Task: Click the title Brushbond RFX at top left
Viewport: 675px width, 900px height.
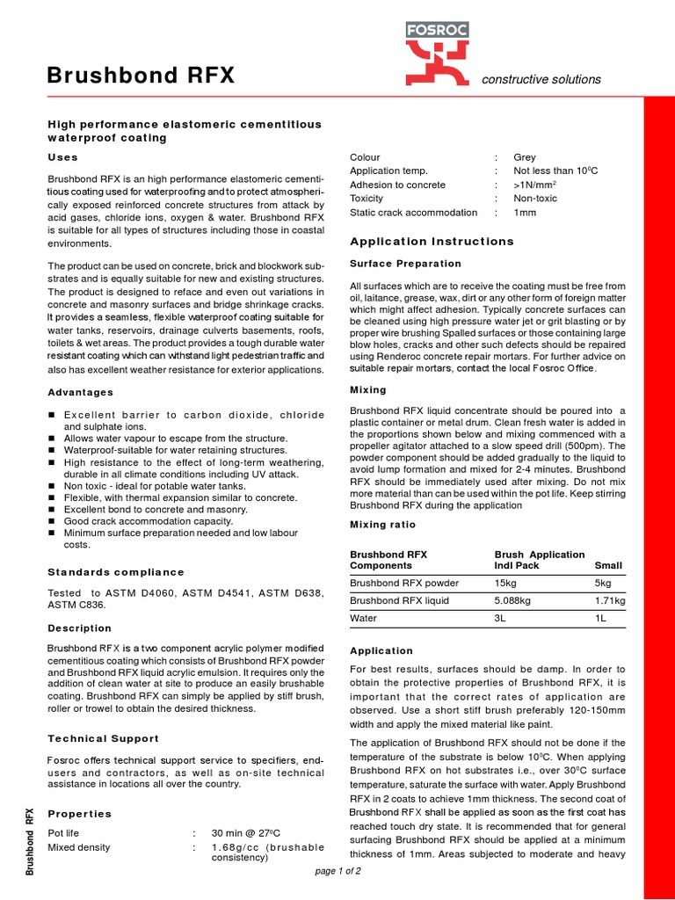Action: (x=141, y=76)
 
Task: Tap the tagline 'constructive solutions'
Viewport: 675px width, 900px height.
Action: (x=541, y=79)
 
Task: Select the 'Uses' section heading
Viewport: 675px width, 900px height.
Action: (x=62, y=157)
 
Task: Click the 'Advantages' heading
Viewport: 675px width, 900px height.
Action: (x=80, y=392)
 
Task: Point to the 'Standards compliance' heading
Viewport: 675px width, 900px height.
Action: (x=116, y=572)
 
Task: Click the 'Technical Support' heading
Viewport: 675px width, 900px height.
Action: (x=104, y=739)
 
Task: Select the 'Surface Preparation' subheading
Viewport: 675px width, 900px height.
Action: (x=405, y=264)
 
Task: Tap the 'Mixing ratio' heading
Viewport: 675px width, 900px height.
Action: (x=383, y=525)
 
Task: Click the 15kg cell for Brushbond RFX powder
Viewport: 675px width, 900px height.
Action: (x=505, y=583)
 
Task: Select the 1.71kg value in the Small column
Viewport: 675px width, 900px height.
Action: (x=610, y=600)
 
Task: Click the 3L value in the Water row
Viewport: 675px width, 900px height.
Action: (x=501, y=618)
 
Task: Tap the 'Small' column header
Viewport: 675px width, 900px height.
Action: (x=608, y=566)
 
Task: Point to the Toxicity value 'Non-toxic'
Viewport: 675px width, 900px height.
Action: (x=536, y=199)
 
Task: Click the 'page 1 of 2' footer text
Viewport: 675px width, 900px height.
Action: (x=337, y=871)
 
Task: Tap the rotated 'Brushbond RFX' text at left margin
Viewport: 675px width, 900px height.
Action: (x=30, y=841)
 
